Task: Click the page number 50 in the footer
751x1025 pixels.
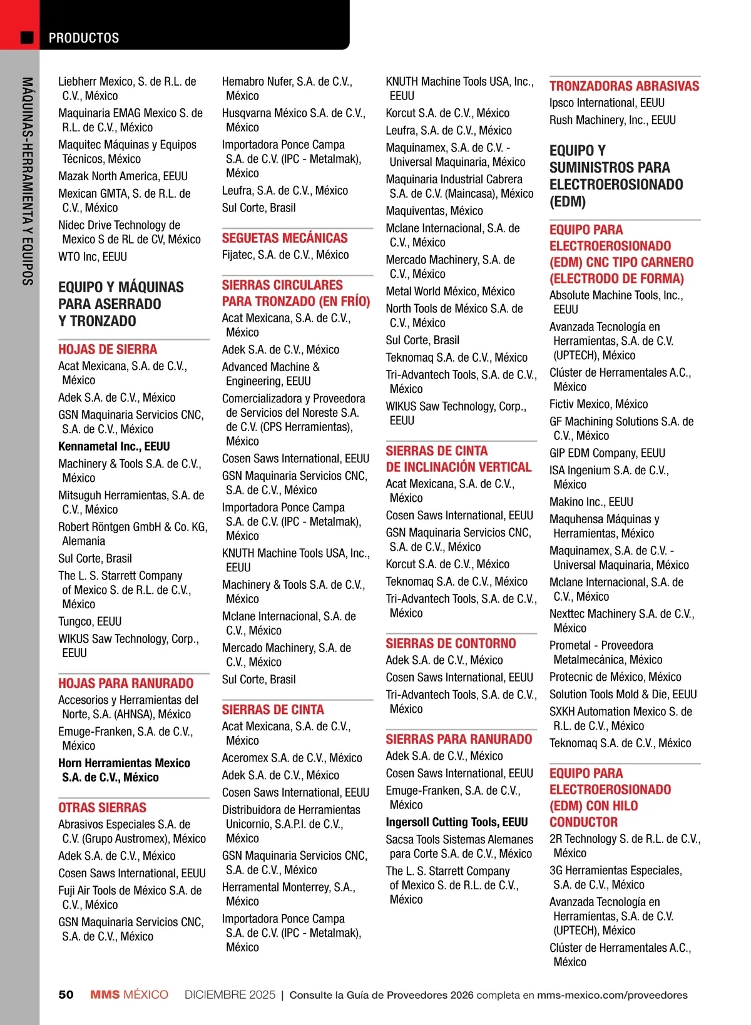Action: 66,994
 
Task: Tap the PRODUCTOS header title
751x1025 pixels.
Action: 84,38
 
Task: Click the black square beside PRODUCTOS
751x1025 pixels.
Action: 27,38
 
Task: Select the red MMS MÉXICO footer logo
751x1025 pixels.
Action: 129,994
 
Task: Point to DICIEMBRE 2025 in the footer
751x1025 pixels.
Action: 230,994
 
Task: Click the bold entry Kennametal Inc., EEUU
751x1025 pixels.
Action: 114,446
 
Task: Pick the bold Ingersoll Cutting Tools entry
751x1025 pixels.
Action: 456,822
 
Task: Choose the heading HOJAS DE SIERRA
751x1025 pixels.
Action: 108,349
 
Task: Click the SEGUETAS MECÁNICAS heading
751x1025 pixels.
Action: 285,238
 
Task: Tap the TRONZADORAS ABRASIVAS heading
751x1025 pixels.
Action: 624,86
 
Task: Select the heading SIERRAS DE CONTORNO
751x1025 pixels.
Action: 451,643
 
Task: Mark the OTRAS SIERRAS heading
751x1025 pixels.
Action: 102,807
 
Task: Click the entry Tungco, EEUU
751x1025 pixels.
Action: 90,621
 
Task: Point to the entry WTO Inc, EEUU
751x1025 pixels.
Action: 93,257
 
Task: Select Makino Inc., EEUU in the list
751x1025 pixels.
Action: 591,502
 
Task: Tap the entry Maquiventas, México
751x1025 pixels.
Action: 434,211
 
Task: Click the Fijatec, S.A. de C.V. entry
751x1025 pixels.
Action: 285,255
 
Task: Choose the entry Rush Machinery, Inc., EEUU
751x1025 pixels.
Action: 612,120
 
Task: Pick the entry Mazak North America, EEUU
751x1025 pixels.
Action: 123,176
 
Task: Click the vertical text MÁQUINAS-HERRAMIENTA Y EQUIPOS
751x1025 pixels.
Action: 27,181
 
